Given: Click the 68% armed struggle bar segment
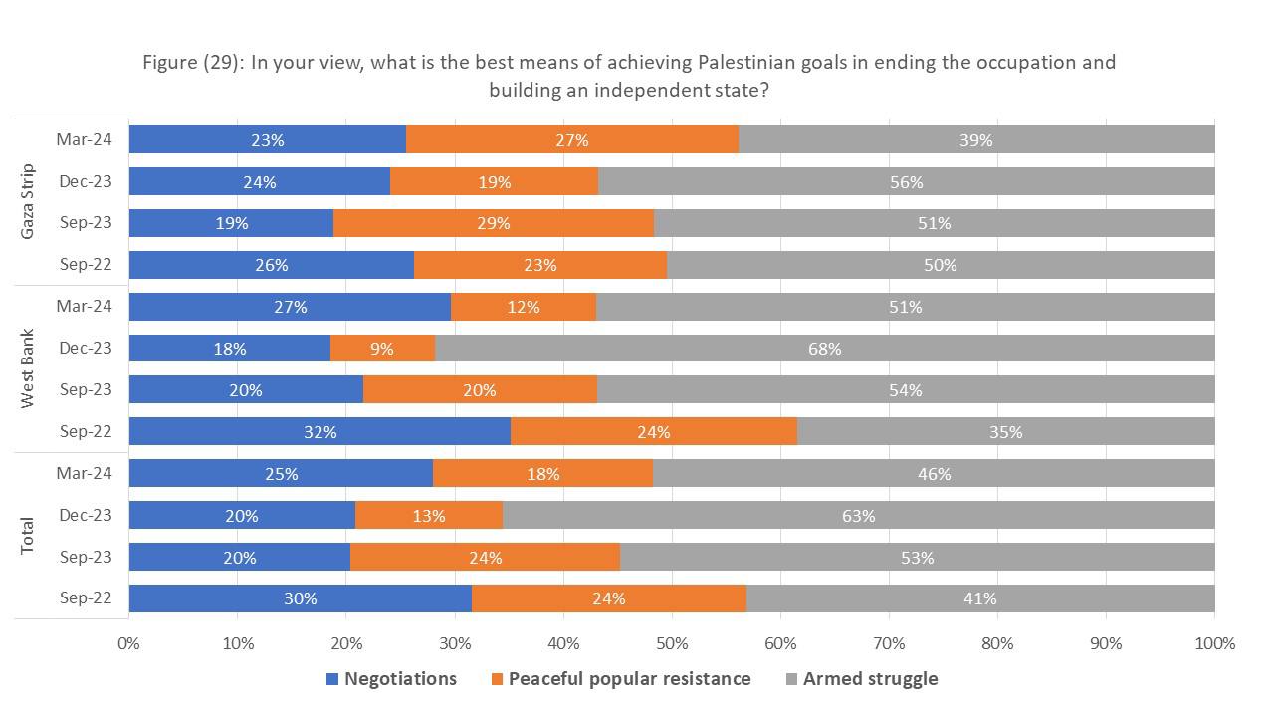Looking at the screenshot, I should [x=824, y=349].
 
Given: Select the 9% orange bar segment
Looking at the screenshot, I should [x=382, y=349].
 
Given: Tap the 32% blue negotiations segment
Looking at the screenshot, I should [x=319, y=432].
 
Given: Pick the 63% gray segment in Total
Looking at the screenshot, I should [x=858, y=516].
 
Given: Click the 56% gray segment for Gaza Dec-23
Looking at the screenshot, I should [x=906, y=182].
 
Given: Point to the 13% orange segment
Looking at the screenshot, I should [x=429, y=516].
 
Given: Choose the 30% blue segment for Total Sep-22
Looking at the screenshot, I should [x=300, y=598].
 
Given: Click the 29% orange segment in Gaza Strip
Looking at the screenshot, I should [x=494, y=223].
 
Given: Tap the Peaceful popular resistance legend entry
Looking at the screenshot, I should [x=620, y=679].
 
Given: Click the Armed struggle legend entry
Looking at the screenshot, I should [x=862, y=679].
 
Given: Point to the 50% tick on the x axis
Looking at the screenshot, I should [x=672, y=643].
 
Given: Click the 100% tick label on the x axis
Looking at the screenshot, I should [x=1213, y=643].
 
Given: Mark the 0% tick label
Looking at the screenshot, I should [x=129, y=643].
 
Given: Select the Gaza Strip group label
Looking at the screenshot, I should [x=28, y=202].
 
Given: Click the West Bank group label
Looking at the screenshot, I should [x=28, y=368].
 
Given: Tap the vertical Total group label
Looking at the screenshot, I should [x=28, y=536].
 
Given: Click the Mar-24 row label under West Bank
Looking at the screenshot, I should [x=84, y=307].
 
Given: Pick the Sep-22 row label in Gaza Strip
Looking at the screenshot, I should [x=84, y=265].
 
